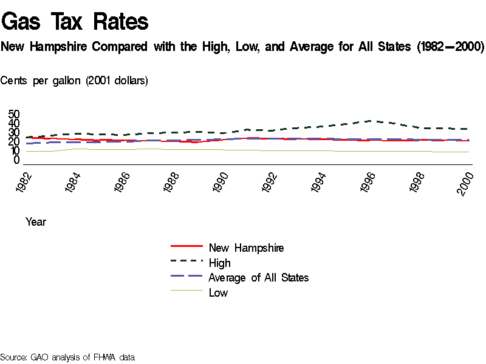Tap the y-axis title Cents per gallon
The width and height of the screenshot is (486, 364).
(74, 81)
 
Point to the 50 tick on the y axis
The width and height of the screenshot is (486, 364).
(14, 114)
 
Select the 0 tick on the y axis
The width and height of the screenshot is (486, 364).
(17, 160)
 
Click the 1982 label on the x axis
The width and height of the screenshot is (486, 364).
(26, 181)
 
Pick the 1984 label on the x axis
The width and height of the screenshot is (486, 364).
(75, 181)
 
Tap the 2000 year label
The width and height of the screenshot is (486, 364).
(468, 181)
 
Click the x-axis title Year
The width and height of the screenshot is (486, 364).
(36, 222)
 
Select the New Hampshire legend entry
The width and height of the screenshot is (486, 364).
(246, 248)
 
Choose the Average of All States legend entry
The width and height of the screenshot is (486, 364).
(258, 278)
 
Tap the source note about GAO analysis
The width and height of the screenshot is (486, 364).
(67, 357)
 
